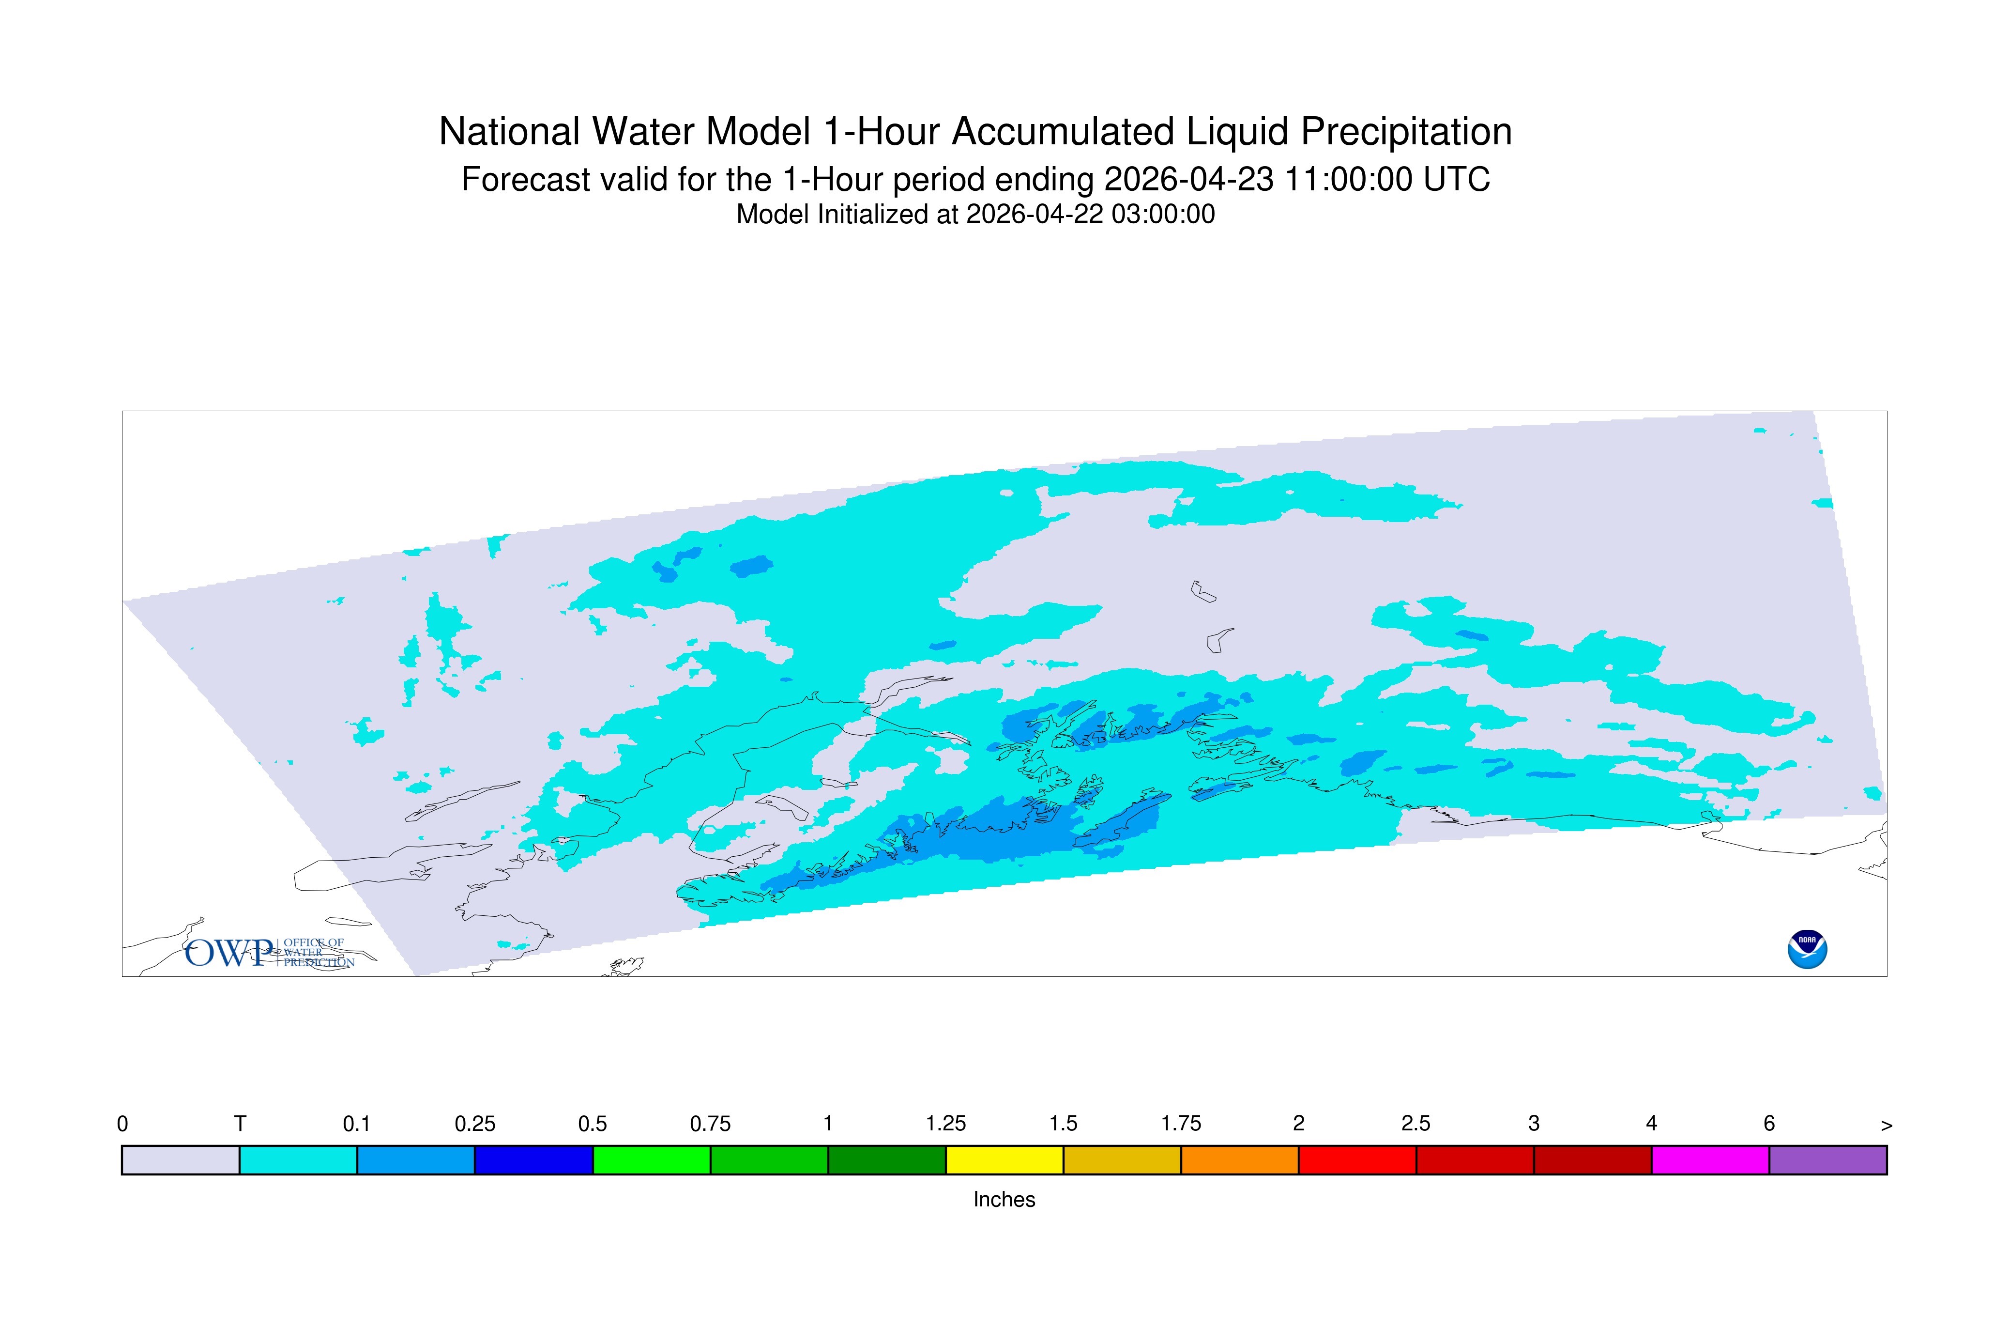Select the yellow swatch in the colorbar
point(1004,1160)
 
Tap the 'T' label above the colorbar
point(240,1124)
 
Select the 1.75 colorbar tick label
point(1181,1124)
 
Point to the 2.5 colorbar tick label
point(1416,1124)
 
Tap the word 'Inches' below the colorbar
point(1004,1199)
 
